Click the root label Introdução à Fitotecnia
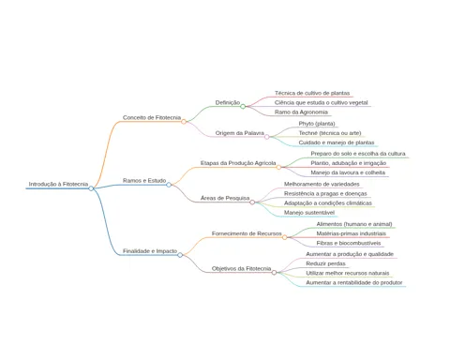pos(58,184)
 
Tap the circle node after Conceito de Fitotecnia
pos(184,122)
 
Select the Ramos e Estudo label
pos(144,181)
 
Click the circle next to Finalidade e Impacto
pos(180,255)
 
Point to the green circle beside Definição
pos(243,107)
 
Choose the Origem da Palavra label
pos(240,133)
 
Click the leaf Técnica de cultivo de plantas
pos(312,93)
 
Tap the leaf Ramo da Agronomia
pos(301,112)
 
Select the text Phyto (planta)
pos(317,124)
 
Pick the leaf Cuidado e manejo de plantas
pos(337,142)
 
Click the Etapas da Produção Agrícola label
pos(238,163)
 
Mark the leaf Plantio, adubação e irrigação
pos(349,163)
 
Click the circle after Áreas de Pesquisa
pos(252,202)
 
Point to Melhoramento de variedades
pos(322,184)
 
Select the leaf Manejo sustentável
pos(309,213)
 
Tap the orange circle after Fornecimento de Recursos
pos(285,237)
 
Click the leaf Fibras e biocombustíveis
pos(349,243)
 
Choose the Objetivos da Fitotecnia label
pos(241,269)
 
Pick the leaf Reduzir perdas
pos(325,263)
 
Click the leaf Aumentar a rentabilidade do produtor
pos(354,282)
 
